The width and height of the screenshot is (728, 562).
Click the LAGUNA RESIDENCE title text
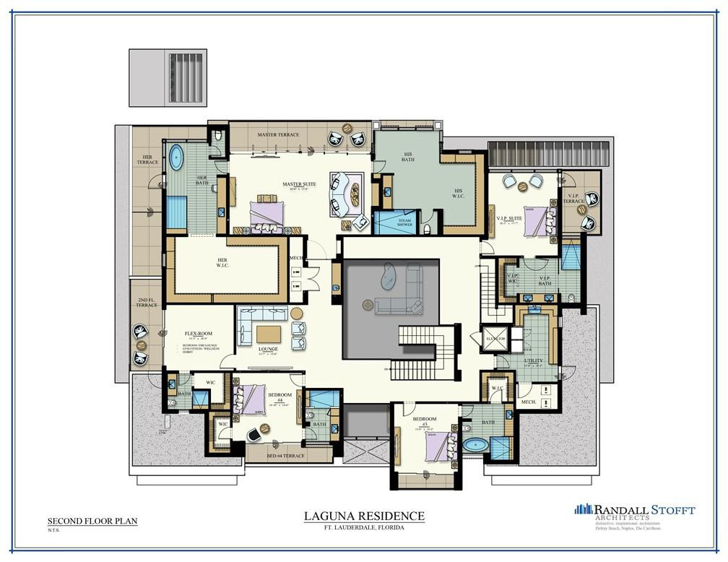tap(363, 516)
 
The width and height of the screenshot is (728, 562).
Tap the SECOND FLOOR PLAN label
tap(92, 520)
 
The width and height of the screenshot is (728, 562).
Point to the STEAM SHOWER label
tap(404, 222)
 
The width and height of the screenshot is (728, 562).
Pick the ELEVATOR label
tap(495, 339)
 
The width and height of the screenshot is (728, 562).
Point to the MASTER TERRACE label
tap(278, 135)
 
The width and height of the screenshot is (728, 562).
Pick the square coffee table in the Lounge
tap(268, 334)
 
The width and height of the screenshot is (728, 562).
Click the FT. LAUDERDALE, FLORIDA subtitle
tap(363, 528)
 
